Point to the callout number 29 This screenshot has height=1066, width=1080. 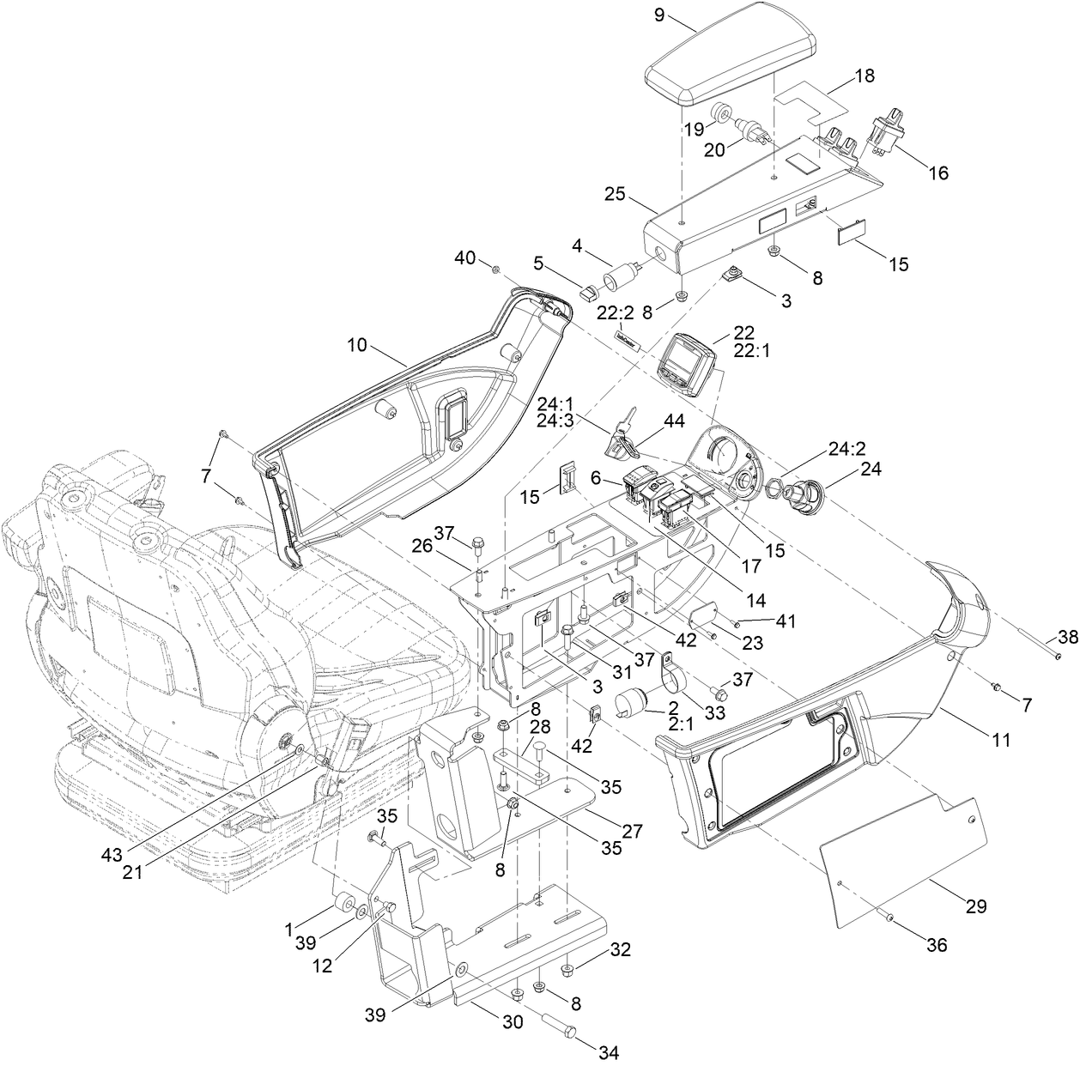[975, 905]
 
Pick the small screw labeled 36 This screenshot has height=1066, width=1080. [889, 919]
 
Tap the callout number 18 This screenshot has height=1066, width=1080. [864, 76]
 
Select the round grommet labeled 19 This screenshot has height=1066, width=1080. [724, 112]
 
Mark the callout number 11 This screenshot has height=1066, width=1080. [1001, 738]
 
